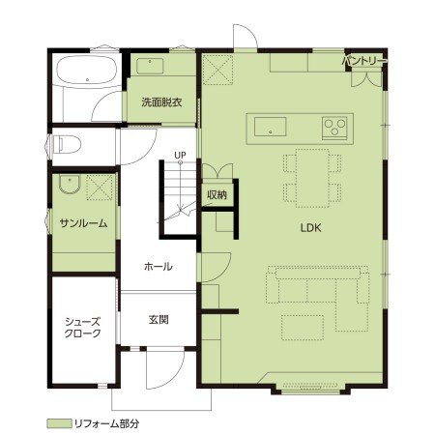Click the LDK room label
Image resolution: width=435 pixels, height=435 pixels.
tap(310, 228)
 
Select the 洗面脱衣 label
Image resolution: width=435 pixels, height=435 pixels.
tap(159, 101)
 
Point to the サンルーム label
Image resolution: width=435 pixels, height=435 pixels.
tap(82, 223)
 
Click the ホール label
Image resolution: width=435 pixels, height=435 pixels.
tap(158, 266)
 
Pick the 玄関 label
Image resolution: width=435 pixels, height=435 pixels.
tap(159, 319)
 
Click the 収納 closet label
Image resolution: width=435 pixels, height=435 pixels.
tap(217, 194)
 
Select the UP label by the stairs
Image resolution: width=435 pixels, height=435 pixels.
tap(181, 154)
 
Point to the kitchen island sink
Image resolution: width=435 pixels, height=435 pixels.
tap(270, 126)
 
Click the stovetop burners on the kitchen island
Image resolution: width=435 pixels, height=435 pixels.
tap(335, 125)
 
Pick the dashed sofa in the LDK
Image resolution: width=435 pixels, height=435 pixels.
tap(319, 287)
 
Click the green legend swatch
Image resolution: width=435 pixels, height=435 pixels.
tap(59, 423)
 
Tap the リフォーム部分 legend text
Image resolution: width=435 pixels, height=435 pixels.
tap(107, 423)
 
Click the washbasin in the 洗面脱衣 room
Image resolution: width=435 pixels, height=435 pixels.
tap(152, 66)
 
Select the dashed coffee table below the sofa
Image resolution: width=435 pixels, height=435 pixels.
tap(303, 324)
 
